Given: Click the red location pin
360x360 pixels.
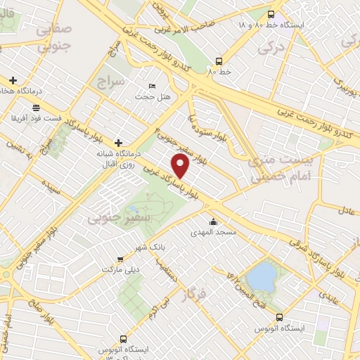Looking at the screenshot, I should (x=181, y=166).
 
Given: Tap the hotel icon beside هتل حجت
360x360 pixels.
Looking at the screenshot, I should (x=153, y=86).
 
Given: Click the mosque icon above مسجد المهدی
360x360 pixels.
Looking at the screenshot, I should (x=213, y=222).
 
